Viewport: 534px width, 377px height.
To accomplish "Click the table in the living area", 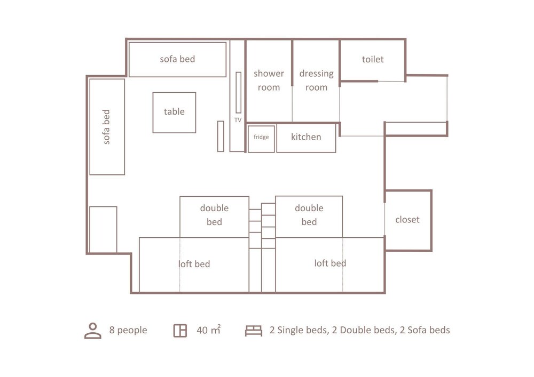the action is click(174, 113).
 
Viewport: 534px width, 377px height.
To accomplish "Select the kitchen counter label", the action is click(306, 137).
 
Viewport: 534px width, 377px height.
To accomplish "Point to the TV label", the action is click(238, 120).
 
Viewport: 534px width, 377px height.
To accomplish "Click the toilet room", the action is click(373, 60).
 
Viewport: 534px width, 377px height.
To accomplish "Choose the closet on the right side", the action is click(408, 221).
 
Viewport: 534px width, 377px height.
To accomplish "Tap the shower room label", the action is click(269, 80).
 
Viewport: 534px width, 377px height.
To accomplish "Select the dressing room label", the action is click(316, 80).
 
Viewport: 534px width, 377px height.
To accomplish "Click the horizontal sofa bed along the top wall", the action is click(177, 60).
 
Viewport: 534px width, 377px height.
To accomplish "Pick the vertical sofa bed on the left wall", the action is click(107, 127).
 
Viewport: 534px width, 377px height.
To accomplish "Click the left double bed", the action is click(214, 217).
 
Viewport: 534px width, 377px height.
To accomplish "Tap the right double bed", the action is click(309, 216).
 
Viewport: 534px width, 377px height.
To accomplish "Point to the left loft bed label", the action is click(194, 264).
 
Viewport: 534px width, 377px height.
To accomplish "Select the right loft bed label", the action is click(330, 263).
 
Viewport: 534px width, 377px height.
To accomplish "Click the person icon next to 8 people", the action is click(92, 331).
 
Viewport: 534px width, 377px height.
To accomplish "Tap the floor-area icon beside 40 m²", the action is click(180, 331).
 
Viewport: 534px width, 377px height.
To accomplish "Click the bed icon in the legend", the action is click(254, 331).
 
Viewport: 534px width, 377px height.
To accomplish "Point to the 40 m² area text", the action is click(209, 330).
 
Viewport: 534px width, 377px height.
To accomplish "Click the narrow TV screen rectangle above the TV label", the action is click(238, 92).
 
